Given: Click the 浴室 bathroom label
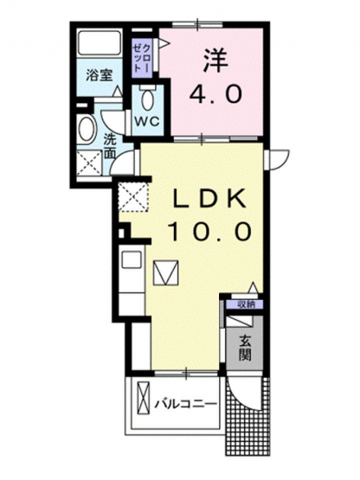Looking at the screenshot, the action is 99,75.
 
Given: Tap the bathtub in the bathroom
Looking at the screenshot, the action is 99,42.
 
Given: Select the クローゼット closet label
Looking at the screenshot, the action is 142,58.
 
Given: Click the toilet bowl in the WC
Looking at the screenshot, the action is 148,98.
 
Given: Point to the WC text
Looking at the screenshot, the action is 148,122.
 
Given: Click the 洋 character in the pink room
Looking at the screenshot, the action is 215,61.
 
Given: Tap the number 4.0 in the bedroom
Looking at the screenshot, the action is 215,93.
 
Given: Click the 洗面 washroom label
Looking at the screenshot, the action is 109,146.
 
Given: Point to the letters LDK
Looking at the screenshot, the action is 209,198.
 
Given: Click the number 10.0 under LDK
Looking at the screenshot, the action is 210,231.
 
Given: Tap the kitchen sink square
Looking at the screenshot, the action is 132,259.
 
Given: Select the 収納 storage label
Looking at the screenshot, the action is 245,304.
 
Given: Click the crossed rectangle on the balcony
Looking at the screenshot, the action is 144,398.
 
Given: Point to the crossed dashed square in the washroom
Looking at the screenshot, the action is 89,163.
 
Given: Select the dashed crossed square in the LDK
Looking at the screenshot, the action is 133,197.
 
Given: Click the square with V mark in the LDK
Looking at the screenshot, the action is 166,272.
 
